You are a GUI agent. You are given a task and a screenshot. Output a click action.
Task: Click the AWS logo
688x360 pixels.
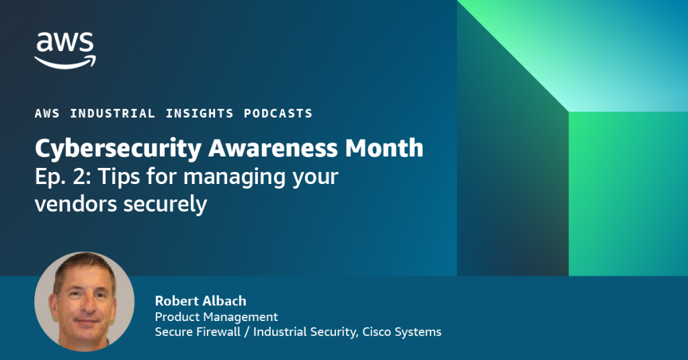coord(65,50)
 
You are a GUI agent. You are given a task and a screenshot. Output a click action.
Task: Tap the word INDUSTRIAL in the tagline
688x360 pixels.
coord(112,113)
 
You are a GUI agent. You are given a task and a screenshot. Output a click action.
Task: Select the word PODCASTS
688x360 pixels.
coord(278,113)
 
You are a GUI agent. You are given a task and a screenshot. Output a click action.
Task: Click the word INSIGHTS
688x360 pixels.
coord(199,113)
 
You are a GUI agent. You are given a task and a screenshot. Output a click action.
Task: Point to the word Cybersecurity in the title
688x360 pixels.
coord(118,149)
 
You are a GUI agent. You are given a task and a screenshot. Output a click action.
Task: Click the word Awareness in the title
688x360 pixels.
coord(273,148)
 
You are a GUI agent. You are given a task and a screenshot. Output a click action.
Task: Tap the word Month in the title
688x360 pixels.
coord(384,148)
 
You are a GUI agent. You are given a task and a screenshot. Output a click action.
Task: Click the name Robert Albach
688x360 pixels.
coord(200,301)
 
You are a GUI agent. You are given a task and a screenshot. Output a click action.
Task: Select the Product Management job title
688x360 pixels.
coord(216,316)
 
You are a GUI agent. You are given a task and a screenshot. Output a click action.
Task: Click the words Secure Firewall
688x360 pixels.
coord(198,332)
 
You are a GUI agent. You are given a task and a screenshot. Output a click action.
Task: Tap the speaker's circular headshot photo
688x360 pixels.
coord(84,302)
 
